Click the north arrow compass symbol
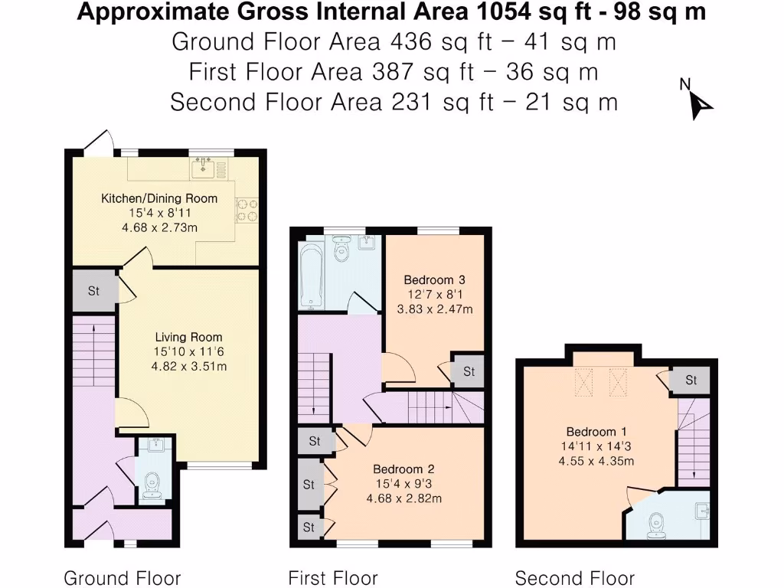(x=699, y=102)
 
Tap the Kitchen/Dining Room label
(x=159, y=198)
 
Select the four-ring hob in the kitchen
(x=247, y=210)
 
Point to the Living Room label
(x=188, y=337)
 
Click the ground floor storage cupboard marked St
(x=94, y=291)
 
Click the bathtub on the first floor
(x=312, y=274)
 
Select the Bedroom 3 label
(x=434, y=279)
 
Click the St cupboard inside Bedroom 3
(x=468, y=372)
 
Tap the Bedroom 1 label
(x=592, y=431)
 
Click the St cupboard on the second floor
(x=691, y=380)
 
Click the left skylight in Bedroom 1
(x=584, y=381)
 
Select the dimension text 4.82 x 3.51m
(x=188, y=366)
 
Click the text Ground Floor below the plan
(x=122, y=577)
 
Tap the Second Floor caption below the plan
(x=574, y=577)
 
